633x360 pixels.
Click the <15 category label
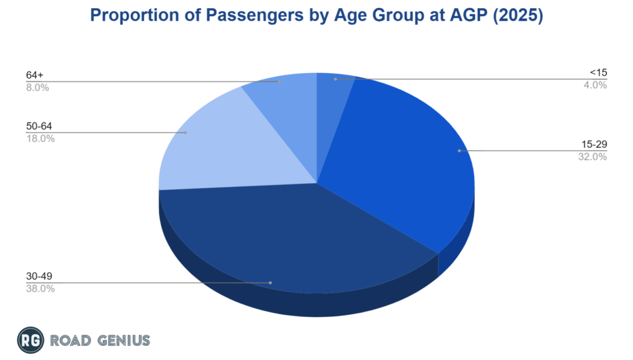[x=598, y=73]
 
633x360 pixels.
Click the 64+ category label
[x=35, y=75]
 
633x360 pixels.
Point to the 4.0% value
[x=596, y=85]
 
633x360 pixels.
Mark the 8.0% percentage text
[x=38, y=87]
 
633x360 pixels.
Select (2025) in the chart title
[x=517, y=15]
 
